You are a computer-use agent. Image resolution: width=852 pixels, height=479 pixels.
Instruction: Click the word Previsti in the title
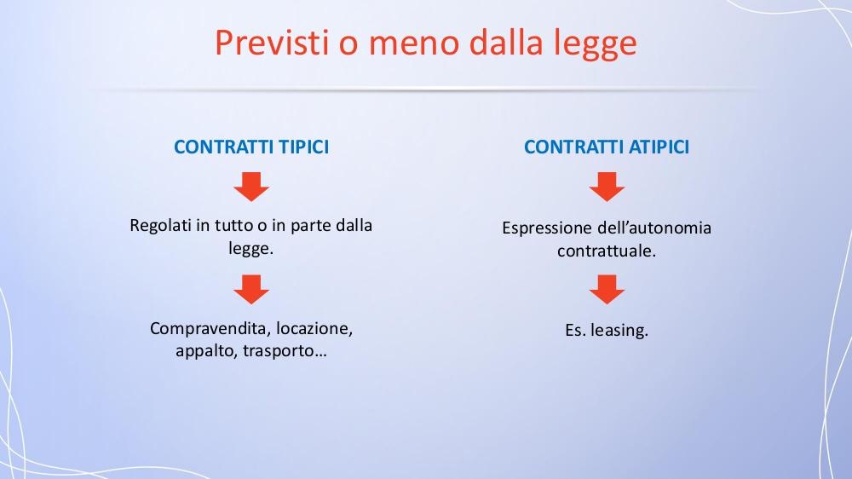273,42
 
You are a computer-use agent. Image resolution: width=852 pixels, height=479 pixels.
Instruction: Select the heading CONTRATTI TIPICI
251,147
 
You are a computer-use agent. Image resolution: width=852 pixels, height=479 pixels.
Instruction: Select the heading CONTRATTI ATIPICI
607,147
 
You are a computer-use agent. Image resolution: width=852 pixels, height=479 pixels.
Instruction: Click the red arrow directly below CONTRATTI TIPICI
251,187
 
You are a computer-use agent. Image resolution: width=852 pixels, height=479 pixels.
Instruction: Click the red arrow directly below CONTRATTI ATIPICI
607,187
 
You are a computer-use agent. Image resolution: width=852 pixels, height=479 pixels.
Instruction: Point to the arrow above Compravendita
251,289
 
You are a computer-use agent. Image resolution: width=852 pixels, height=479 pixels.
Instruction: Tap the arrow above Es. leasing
607,289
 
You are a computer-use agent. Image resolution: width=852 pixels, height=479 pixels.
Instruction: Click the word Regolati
161,226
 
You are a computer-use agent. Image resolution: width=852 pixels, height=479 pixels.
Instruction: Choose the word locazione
314,329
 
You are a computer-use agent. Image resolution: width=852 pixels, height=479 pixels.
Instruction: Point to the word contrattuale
607,251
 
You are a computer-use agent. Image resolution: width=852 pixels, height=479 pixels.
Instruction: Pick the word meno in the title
414,43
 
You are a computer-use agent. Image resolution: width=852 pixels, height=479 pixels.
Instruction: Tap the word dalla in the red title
506,42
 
